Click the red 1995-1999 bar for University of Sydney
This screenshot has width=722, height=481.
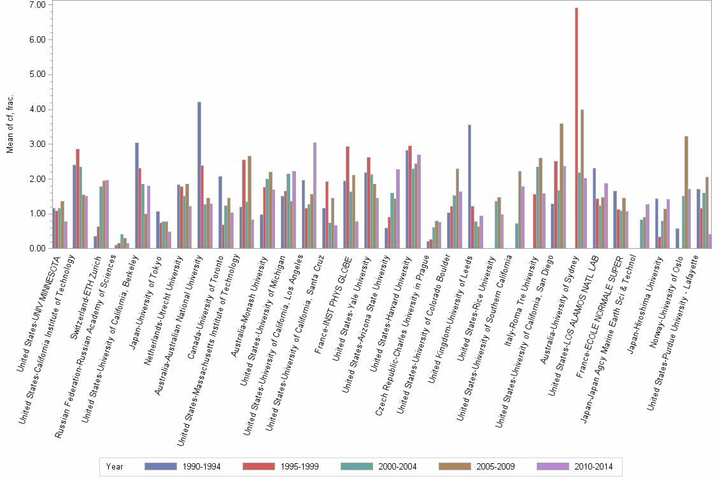(x=577, y=128)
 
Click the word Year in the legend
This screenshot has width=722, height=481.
(x=115, y=467)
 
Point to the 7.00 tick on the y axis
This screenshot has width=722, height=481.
(x=37, y=4)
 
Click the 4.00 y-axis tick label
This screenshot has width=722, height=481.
(x=37, y=109)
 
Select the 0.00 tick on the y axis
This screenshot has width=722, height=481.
(x=37, y=249)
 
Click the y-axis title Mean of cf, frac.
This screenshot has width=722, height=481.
(x=10, y=125)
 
